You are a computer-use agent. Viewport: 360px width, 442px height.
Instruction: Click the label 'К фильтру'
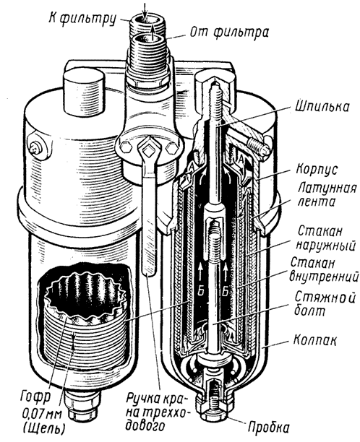[x=82, y=18]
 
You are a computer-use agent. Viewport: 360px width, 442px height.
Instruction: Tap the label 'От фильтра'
[x=229, y=32]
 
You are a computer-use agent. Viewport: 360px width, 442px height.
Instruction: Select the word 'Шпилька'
[x=322, y=107]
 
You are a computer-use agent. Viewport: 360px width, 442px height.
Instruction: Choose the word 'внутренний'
[x=325, y=276]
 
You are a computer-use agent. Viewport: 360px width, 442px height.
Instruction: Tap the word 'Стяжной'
[x=325, y=298]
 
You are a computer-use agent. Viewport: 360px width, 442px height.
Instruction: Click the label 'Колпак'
[x=315, y=340]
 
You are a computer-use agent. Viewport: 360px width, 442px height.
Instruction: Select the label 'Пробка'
[x=268, y=427]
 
